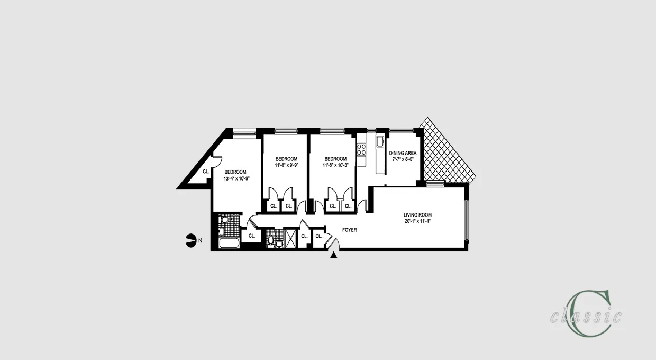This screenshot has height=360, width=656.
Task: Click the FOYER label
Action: click(349, 230)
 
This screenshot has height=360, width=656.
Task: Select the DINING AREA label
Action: click(403, 153)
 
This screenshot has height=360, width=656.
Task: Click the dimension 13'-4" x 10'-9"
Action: click(236, 178)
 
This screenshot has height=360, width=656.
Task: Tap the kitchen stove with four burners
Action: click(362, 149)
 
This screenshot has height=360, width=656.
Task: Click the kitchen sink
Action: click(380, 141)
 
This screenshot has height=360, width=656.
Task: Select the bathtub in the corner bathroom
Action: click(229, 245)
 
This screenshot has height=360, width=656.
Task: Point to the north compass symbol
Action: click(190, 240)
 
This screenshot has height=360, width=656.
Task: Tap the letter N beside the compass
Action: click(200, 241)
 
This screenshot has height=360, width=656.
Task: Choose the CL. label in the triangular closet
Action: click(205, 172)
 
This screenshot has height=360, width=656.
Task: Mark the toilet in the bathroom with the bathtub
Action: click(224, 220)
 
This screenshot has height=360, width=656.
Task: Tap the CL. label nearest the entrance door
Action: click(318, 237)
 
